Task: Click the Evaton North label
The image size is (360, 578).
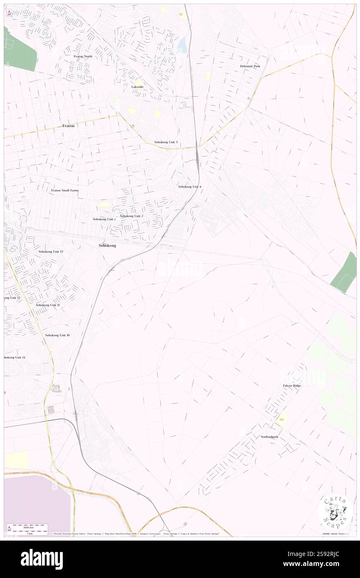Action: pyautogui.click(x=83, y=56)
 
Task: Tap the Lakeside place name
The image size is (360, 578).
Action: pyautogui.click(x=138, y=86)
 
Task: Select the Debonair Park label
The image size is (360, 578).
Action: pyautogui.click(x=250, y=66)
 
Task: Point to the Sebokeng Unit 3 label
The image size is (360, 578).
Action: pyautogui.click(x=166, y=142)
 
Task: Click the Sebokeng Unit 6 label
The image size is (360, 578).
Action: pyautogui.click(x=190, y=187)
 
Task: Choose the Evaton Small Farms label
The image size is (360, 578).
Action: pyautogui.click(x=65, y=190)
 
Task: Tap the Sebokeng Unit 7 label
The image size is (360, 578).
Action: pyautogui.click(x=131, y=216)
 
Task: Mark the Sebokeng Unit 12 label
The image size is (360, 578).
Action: pyautogui.click(x=51, y=252)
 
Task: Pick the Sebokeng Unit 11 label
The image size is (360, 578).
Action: pyautogui.click(x=48, y=305)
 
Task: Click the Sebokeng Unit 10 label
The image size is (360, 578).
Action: pyautogui.click(x=57, y=335)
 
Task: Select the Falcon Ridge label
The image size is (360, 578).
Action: pyautogui.click(x=292, y=385)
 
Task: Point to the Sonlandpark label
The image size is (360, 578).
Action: pyautogui.click(x=269, y=437)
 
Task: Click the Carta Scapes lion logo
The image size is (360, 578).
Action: pyautogui.click(x=335, y=511)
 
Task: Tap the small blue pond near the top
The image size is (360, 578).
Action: pyautogui.click(x=182, y=45)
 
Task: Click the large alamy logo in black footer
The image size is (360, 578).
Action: pyautogui.click(x=42, y=559)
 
